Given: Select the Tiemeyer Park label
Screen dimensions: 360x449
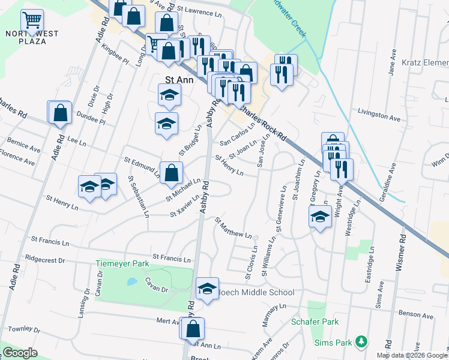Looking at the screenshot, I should [122, 263].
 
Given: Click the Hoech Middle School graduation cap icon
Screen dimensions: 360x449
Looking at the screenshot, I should [207, 290].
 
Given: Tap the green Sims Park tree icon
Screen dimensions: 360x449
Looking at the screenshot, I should [361, 341].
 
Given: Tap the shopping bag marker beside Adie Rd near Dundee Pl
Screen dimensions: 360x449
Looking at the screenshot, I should [60, 113].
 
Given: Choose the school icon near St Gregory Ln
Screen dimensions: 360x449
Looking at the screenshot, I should [321, 217].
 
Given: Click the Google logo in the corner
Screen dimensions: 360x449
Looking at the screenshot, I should [20, 353].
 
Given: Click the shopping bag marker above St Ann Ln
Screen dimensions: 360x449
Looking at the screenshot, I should [193, 329].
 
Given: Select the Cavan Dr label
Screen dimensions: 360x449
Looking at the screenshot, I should [155, 289].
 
